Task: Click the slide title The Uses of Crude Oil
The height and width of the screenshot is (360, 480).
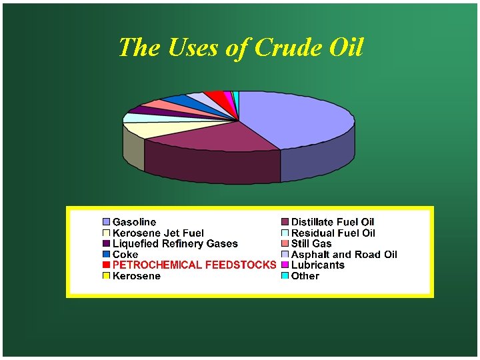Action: tap(241, 47)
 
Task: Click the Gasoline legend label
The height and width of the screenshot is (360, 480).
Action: tap(134, 222)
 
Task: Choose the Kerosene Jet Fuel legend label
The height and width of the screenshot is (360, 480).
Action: tap(158, 233)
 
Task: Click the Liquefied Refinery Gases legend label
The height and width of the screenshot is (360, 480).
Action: tap(175, 243)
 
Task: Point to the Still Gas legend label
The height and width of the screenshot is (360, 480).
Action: tap(311, 243)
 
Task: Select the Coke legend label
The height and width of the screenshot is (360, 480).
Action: tap(125, 254)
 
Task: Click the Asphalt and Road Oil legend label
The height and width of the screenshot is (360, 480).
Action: tap(344, 254)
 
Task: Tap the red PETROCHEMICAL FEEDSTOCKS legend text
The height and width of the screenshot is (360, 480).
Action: tap(194, 265)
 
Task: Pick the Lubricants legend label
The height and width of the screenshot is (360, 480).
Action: tap(317, 265)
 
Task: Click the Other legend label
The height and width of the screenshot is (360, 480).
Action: tap(305, 275)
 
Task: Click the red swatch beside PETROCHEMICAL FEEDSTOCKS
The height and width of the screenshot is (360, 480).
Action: tap(106, 265)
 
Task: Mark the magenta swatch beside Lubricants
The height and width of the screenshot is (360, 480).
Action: tap(285, 265)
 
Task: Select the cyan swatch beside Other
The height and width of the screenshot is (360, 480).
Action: tap(285, 275)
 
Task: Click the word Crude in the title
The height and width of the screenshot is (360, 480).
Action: tap(282, 47)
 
